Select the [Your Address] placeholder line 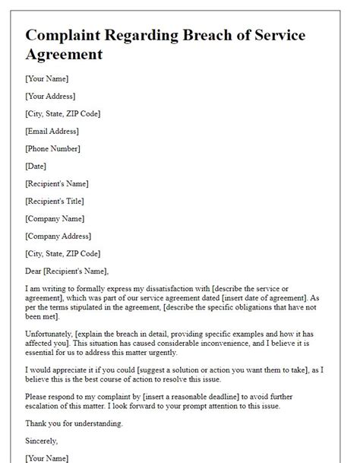51,97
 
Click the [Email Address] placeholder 52,132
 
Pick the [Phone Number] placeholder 52,149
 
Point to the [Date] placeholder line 35,166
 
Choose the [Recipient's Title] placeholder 55,201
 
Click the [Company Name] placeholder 55,218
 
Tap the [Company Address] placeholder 59,236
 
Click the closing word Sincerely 43,441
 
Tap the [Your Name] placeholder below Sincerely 46,458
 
